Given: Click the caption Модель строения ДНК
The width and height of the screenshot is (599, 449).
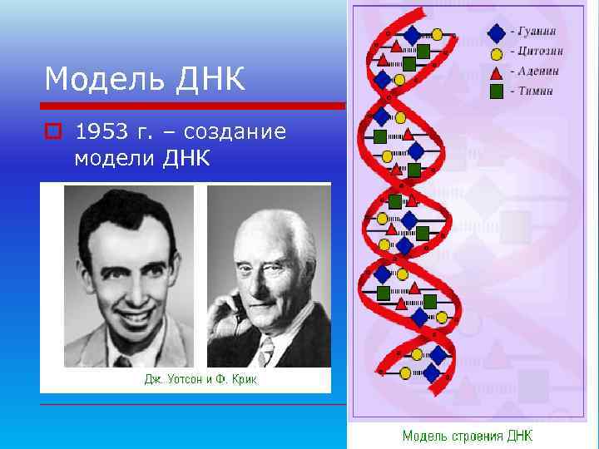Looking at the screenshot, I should click(x=468, y=436).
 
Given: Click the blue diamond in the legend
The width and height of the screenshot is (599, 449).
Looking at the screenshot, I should click(x=496, y=33).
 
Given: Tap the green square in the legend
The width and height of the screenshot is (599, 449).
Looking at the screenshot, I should click(x=496, y=91).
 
